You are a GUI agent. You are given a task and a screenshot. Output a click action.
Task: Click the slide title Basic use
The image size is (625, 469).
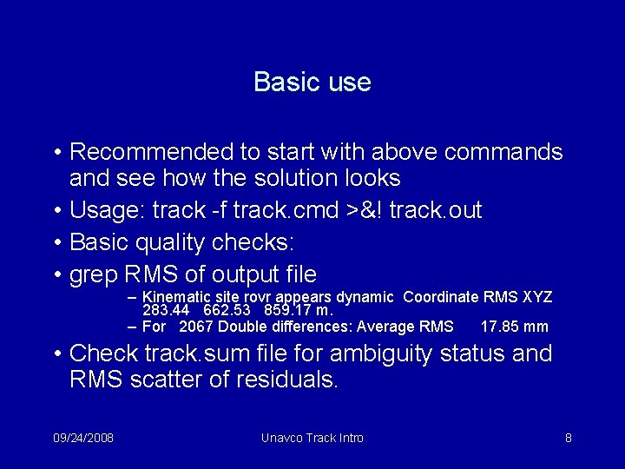point(312,83)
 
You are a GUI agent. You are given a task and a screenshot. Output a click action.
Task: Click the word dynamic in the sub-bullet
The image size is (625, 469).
point(365,297)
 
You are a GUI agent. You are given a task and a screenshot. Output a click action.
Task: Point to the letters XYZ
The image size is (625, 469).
point(537,297)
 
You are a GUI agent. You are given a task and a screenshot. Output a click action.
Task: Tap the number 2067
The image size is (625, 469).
point(196,327)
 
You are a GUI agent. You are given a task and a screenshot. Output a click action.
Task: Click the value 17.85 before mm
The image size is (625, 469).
point(501,327)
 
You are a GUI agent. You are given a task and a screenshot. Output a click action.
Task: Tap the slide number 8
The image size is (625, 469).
point(568,438)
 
